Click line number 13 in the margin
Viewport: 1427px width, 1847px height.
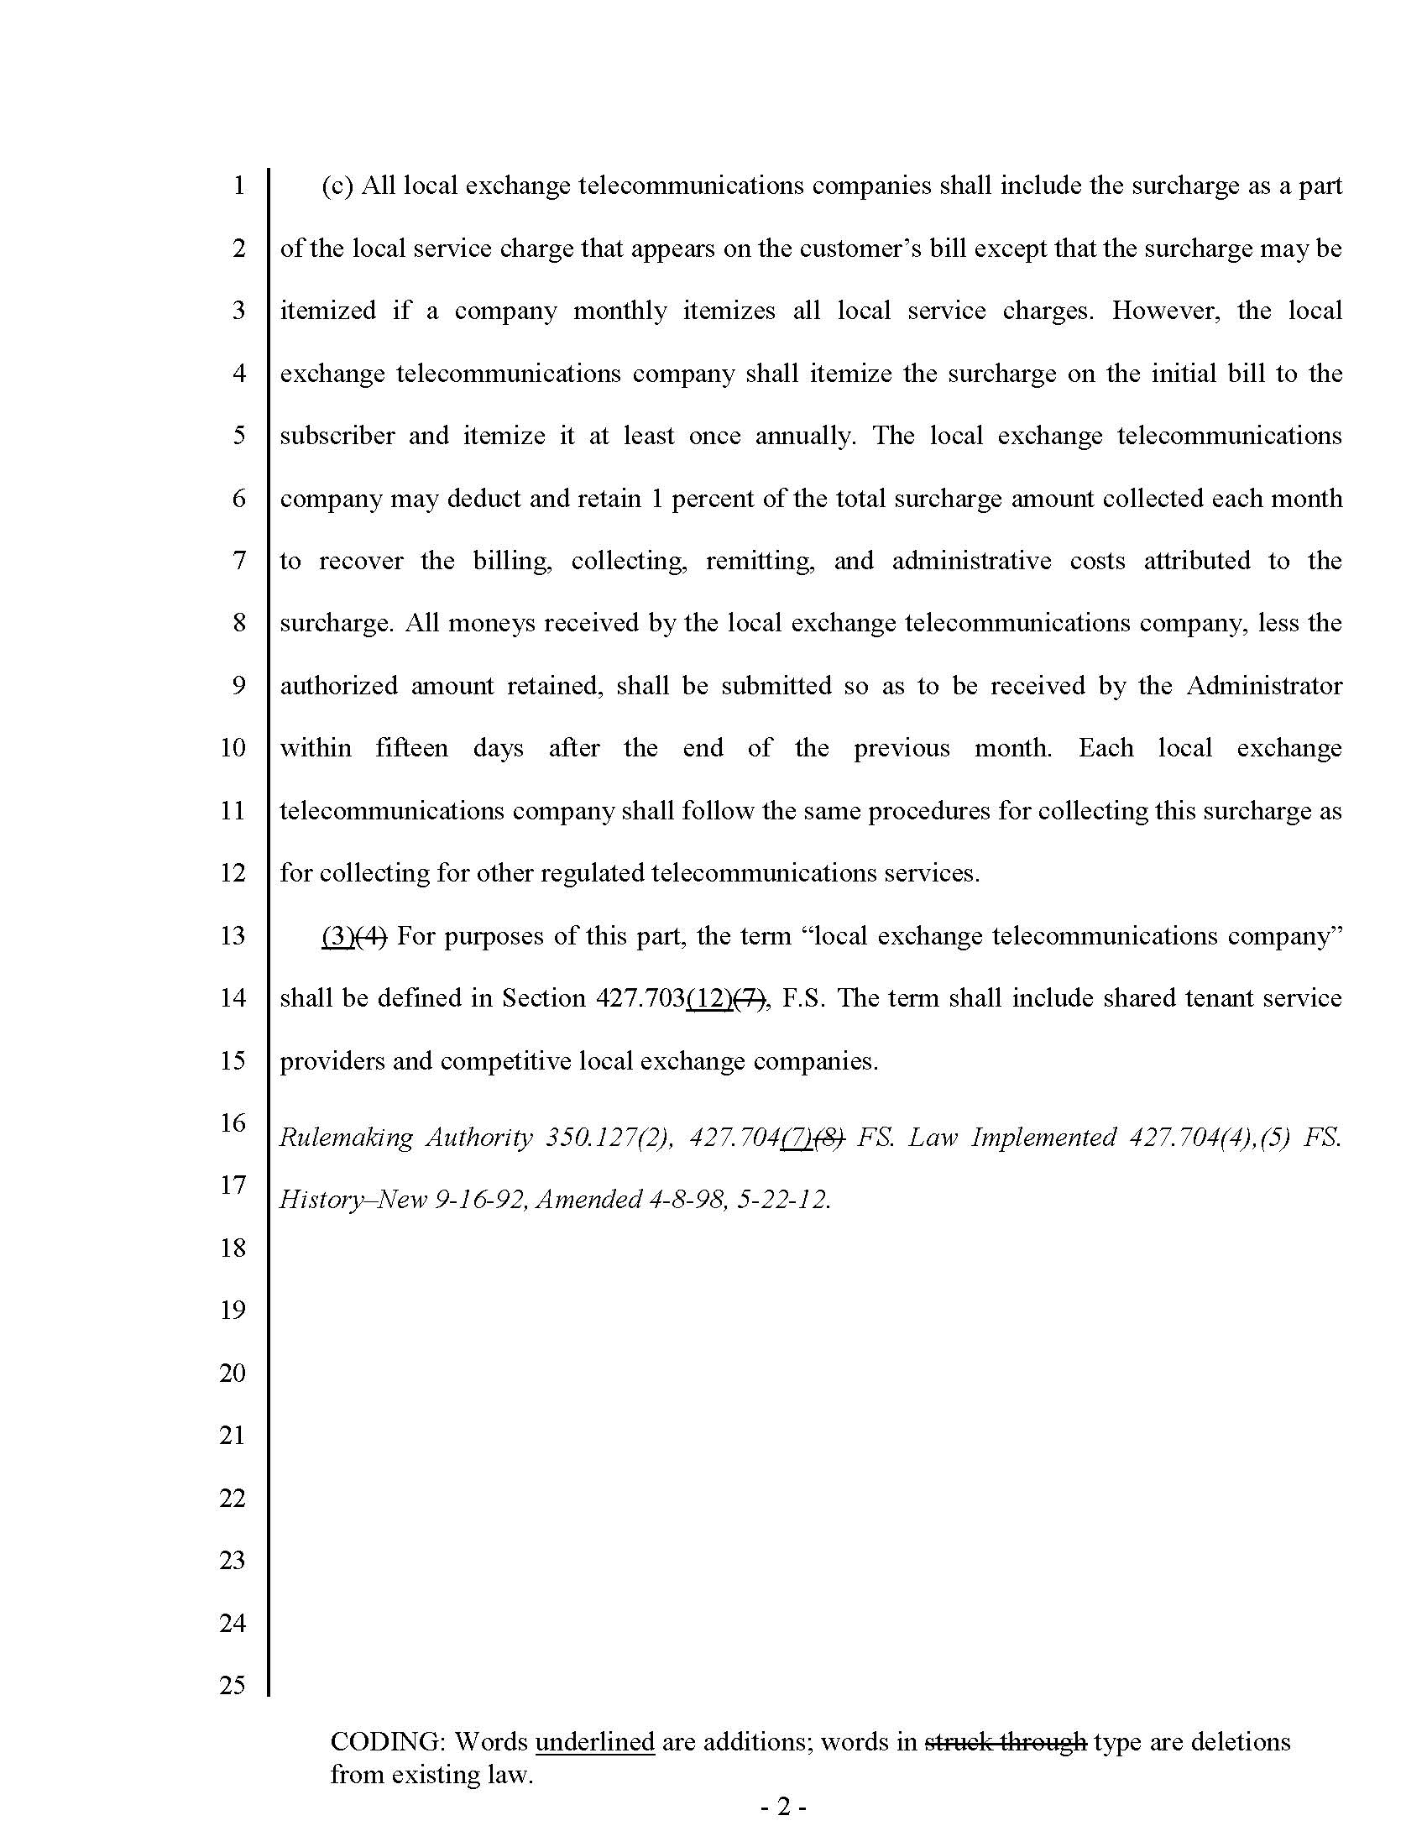click(x=233, y=935)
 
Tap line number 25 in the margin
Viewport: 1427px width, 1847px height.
click(x=233, y=1685)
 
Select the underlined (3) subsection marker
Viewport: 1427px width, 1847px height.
click(x=337, y=936)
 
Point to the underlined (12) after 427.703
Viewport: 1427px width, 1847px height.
click(x=708, y=999)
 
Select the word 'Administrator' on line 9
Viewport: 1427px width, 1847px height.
click(x=1264, y=685)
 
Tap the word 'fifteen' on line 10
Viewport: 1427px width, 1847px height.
click(x=411, y=748)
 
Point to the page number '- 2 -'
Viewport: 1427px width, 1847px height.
click(x=784, y=1808)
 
